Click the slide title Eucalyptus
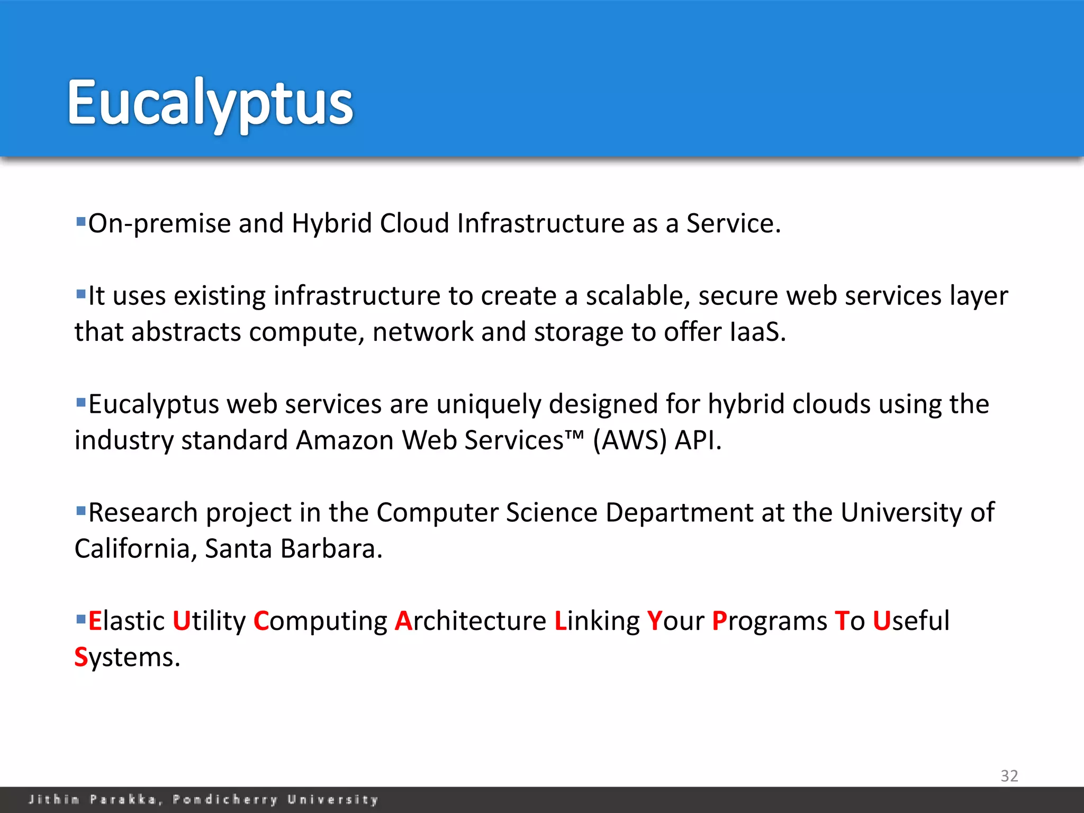point(210,103)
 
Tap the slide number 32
point(1009,776)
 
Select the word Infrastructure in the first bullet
point(540,223)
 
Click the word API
point(698,440)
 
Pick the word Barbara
point(331,549)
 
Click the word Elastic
point(126,621)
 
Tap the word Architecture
point(471,621)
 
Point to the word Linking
point(597,621)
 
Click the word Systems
point(127,658)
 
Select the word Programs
point(770,621)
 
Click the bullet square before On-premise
point(81,221)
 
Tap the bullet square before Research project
point(81,511)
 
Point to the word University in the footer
point(333,799)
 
